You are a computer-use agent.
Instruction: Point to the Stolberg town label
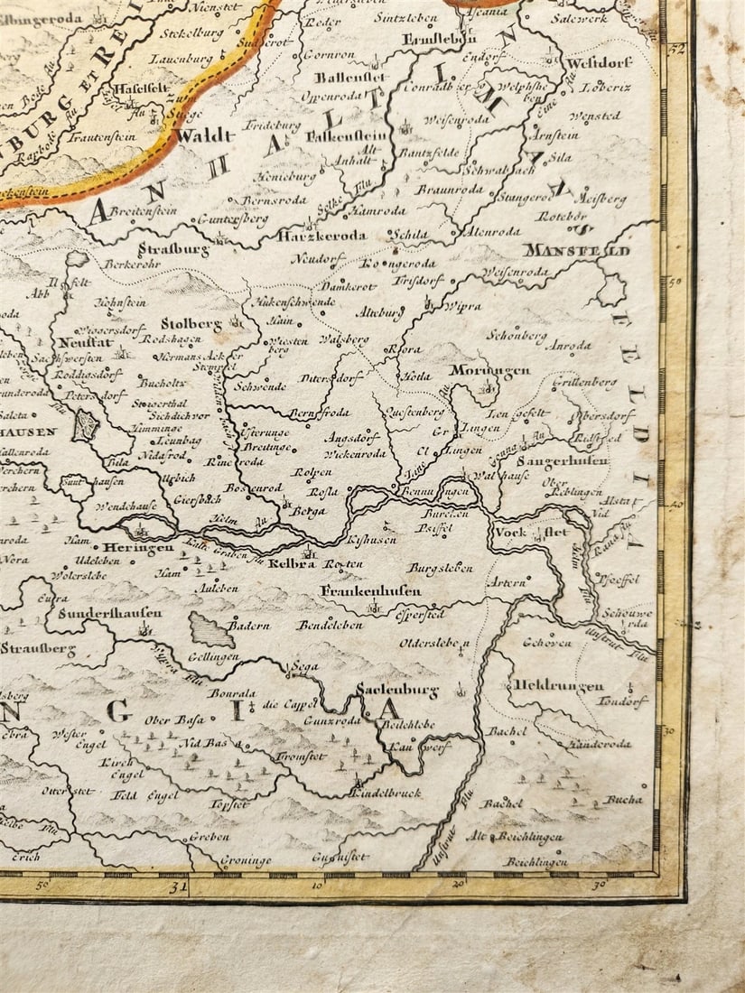(191, 322)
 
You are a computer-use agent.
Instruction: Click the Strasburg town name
(173, 248)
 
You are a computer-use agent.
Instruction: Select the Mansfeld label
(575, 250)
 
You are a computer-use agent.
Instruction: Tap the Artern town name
(506, 583)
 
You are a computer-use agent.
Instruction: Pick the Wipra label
(463, 306)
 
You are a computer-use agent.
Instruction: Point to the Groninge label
(244, 860)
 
